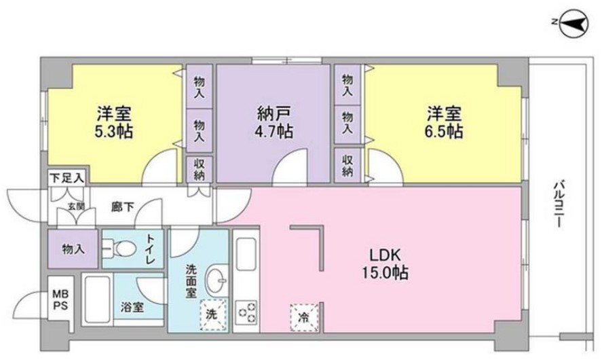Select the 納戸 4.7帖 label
[274, 122]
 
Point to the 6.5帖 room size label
[445, 130]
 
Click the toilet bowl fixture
[123, 249]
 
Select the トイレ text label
[153, 249]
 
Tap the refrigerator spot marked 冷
[303, 317]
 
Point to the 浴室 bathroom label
[133, 307]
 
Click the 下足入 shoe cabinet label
[67, 178]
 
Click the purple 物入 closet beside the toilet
[73, 249]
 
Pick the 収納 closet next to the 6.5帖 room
[347, 166]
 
